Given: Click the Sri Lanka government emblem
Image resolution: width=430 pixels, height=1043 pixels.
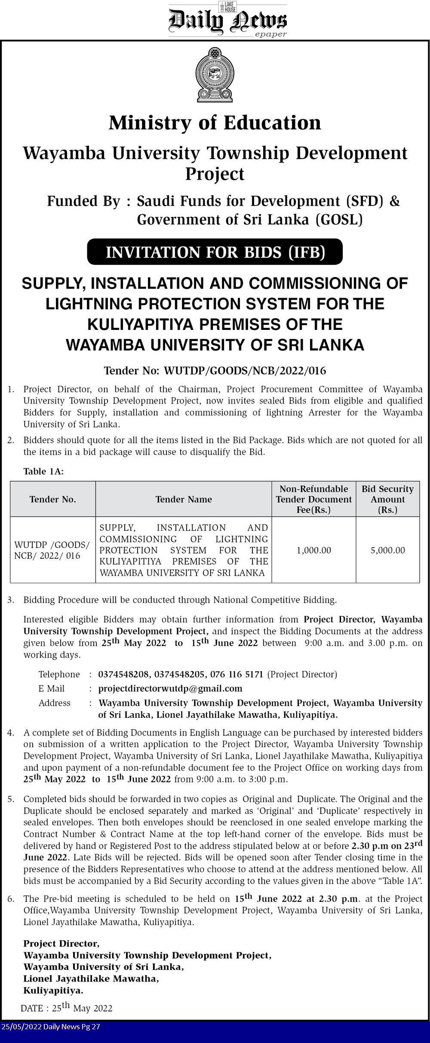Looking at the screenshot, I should click(215, 75).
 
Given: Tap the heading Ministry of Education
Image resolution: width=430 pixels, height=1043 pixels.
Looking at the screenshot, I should click(215, 123).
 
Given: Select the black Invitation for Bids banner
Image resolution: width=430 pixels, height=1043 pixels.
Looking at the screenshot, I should click(215, 252).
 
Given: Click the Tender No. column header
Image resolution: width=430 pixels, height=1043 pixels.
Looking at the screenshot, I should click(52, 499).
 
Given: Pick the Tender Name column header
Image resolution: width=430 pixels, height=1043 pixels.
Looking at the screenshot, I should click(184, 499).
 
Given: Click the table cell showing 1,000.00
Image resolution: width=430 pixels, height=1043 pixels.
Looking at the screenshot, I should click(314, 550).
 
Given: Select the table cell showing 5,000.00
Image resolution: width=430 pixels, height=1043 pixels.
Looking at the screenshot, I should click(388, 550).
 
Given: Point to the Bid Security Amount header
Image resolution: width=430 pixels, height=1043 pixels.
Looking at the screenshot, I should click(388, 499).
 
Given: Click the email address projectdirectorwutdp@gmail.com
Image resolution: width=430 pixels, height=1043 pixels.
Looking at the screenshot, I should click(170, 689).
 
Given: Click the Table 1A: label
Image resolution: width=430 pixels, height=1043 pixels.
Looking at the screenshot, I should click(43, 471).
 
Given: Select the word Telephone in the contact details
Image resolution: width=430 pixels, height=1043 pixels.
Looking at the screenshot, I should click(59, 674).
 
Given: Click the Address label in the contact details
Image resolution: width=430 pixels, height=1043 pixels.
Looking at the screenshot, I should click(54, 703).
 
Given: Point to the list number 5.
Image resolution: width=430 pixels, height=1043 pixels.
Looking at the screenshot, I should click(11, 799).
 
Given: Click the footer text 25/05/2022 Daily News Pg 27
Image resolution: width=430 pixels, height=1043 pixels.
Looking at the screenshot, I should click(50, 1027).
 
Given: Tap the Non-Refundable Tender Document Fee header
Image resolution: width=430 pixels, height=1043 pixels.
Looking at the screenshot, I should click(314, 499).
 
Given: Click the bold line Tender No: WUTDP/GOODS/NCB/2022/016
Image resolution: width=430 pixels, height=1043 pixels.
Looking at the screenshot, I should click(215, 371).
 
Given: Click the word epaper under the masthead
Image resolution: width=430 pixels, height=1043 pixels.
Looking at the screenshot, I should click(270, 34).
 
